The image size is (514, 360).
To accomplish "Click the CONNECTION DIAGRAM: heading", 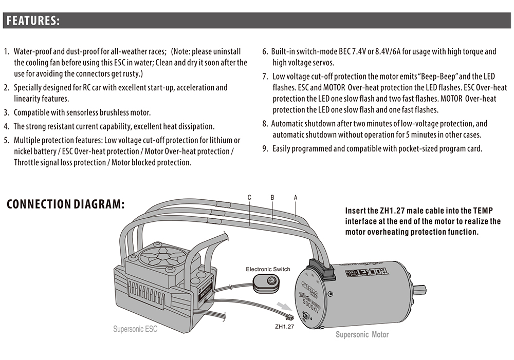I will (x=65, y=204).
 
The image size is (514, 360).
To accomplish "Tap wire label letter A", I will (x=296, y=197).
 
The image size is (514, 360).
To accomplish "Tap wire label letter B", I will (x=272, y=197).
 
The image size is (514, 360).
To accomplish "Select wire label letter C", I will (x=249, y=197).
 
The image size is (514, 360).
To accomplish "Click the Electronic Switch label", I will (x=268, y=269).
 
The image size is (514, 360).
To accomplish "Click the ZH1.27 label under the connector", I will (x=284, y=326).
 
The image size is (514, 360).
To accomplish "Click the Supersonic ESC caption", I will (x=135, y=329).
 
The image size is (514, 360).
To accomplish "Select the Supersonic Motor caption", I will (x=362, y=335).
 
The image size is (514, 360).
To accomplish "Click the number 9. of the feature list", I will (x=265, y=149).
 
